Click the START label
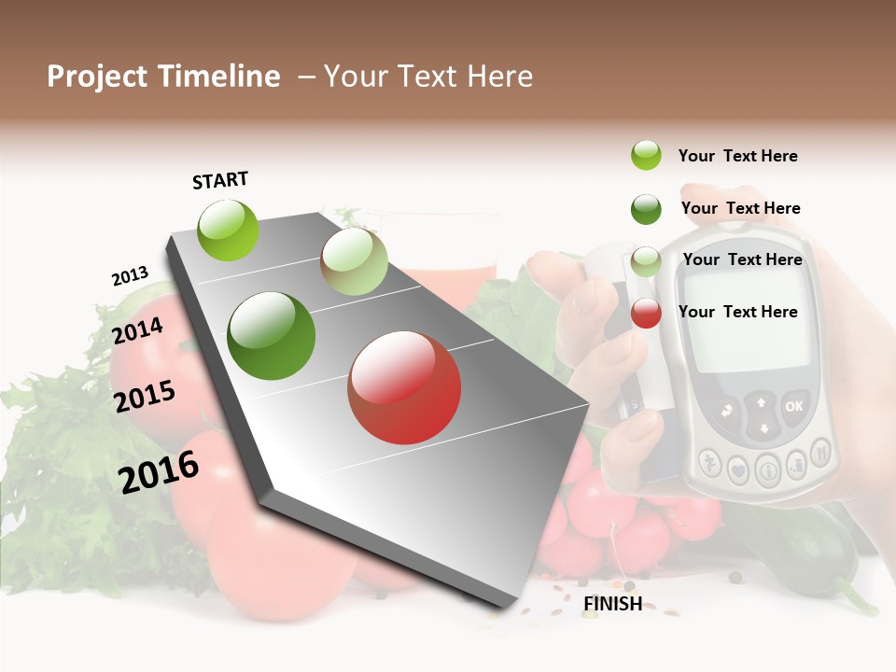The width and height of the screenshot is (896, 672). point(220,180)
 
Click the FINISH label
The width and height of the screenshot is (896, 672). point(612,604)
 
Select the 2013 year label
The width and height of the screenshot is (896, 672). point(130,276)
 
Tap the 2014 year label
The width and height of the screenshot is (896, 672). point(137,331)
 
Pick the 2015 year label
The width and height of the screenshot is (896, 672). point(145,398)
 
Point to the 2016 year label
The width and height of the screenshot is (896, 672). point(159,472)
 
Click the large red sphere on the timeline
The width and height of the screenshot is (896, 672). point(404,387)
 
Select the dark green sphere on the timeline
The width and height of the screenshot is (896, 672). point(272,336)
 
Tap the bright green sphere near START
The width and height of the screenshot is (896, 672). point(229,230)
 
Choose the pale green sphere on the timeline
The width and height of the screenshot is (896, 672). point(354,261)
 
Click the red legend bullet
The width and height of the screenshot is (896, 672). point(646,313)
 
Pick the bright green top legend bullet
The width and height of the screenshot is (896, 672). point(646,155)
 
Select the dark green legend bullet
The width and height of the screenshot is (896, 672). point(646,209)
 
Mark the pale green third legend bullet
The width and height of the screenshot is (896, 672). point(646,261)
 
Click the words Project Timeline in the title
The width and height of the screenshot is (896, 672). point(163,77)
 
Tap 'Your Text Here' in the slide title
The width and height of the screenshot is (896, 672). point(428,77)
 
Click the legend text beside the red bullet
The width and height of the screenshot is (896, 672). point(737,312)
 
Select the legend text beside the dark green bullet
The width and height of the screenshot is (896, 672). point(740,208)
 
